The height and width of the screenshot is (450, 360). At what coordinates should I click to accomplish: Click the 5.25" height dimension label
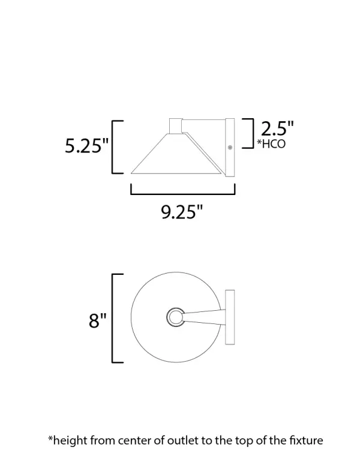coord(86,147)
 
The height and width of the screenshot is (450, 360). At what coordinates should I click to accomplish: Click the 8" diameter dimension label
coord(97,320)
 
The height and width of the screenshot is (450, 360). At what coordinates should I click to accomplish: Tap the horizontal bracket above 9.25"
coord(182,191)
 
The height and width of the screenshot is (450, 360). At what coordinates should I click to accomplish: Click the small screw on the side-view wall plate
coord(230,146)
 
